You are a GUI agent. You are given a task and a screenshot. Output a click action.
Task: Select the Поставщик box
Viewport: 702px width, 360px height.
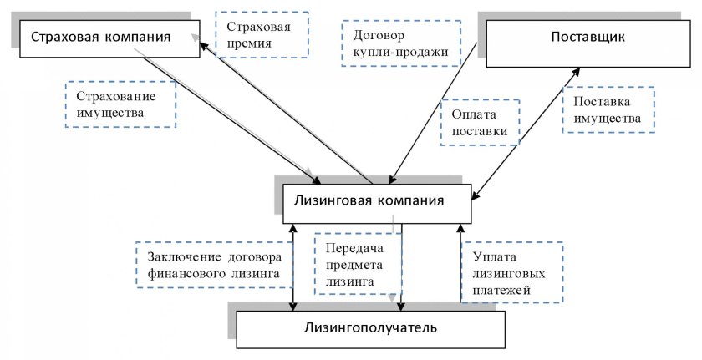[x=588, y=38]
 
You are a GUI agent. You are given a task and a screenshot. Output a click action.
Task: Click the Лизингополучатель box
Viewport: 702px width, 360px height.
[x=369, y=327]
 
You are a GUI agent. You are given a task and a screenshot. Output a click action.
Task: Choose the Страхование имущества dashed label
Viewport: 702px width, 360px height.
[x=121, y=104]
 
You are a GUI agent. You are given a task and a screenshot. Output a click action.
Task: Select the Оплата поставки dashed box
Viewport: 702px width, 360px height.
[x=480, y=123]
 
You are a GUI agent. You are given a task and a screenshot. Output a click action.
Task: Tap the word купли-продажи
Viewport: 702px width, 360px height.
[x=403, y=53]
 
